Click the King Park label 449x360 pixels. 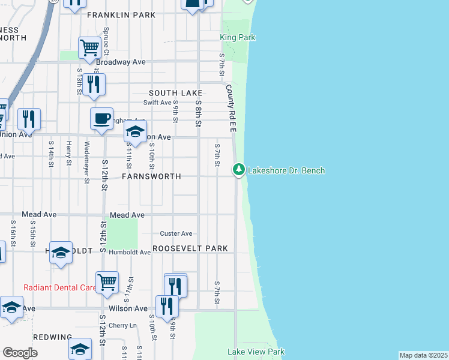pos(238,37)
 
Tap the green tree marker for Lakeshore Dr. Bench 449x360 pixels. pos(239,170)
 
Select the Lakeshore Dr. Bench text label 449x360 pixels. pos(286,170)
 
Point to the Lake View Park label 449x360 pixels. pos(256,352)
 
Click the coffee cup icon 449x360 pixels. pos(101,118)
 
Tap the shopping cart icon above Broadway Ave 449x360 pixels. pos(89,47)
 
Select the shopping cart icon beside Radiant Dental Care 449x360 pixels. pos(107,281)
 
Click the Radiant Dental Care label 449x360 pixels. pos(60,287)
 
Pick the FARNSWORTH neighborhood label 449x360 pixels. pos(151,177)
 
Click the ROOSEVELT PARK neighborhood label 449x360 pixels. pos(190,248)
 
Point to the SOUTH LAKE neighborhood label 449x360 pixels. pos(176,93)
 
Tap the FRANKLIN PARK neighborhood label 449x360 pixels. pos(117,15)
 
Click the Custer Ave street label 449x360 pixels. pos(176,233)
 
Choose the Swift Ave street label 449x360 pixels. pos(157,103)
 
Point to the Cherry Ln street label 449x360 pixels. pos(122,326)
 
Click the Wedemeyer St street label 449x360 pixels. pos(88,162)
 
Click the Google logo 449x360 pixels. pos(20,352)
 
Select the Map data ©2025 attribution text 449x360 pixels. pos(423,355)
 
